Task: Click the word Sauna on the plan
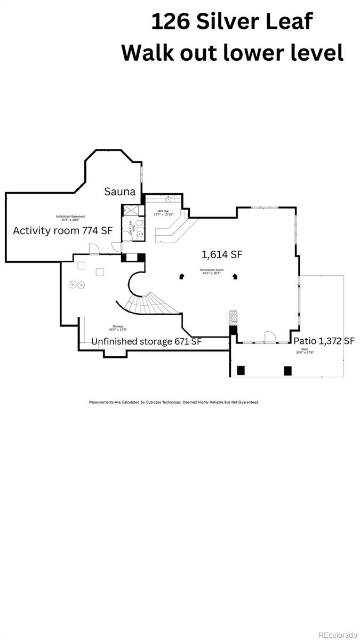click(x=119, y=191)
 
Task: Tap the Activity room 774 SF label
click(x=63, y=230)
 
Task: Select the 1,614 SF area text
click(x=222, y=254)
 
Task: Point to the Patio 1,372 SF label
click(x=324, y=341)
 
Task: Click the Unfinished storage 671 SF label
click(x=146, y=341)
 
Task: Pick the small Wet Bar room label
click(x=164, y=212)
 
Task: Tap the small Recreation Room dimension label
click(x=211, y=271)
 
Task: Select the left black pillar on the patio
click(x=241, y=370)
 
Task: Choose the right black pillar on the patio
click(x=288, y=370)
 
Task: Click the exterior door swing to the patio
click(x=270, y=336)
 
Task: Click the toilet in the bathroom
click(x=139, y=223)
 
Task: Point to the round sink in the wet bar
click(x=169, y=199)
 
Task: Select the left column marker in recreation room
click(x=182, y=276)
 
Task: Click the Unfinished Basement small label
click(x=70, y=217)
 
